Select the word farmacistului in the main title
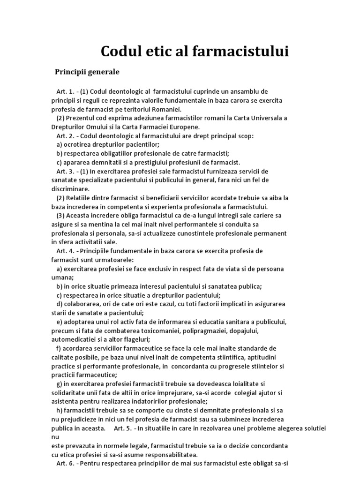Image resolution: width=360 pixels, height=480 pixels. [x=237, y=52]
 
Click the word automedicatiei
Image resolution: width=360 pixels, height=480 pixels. [x=74, y=339]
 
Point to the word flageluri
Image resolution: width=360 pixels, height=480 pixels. [x=134, y=339]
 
